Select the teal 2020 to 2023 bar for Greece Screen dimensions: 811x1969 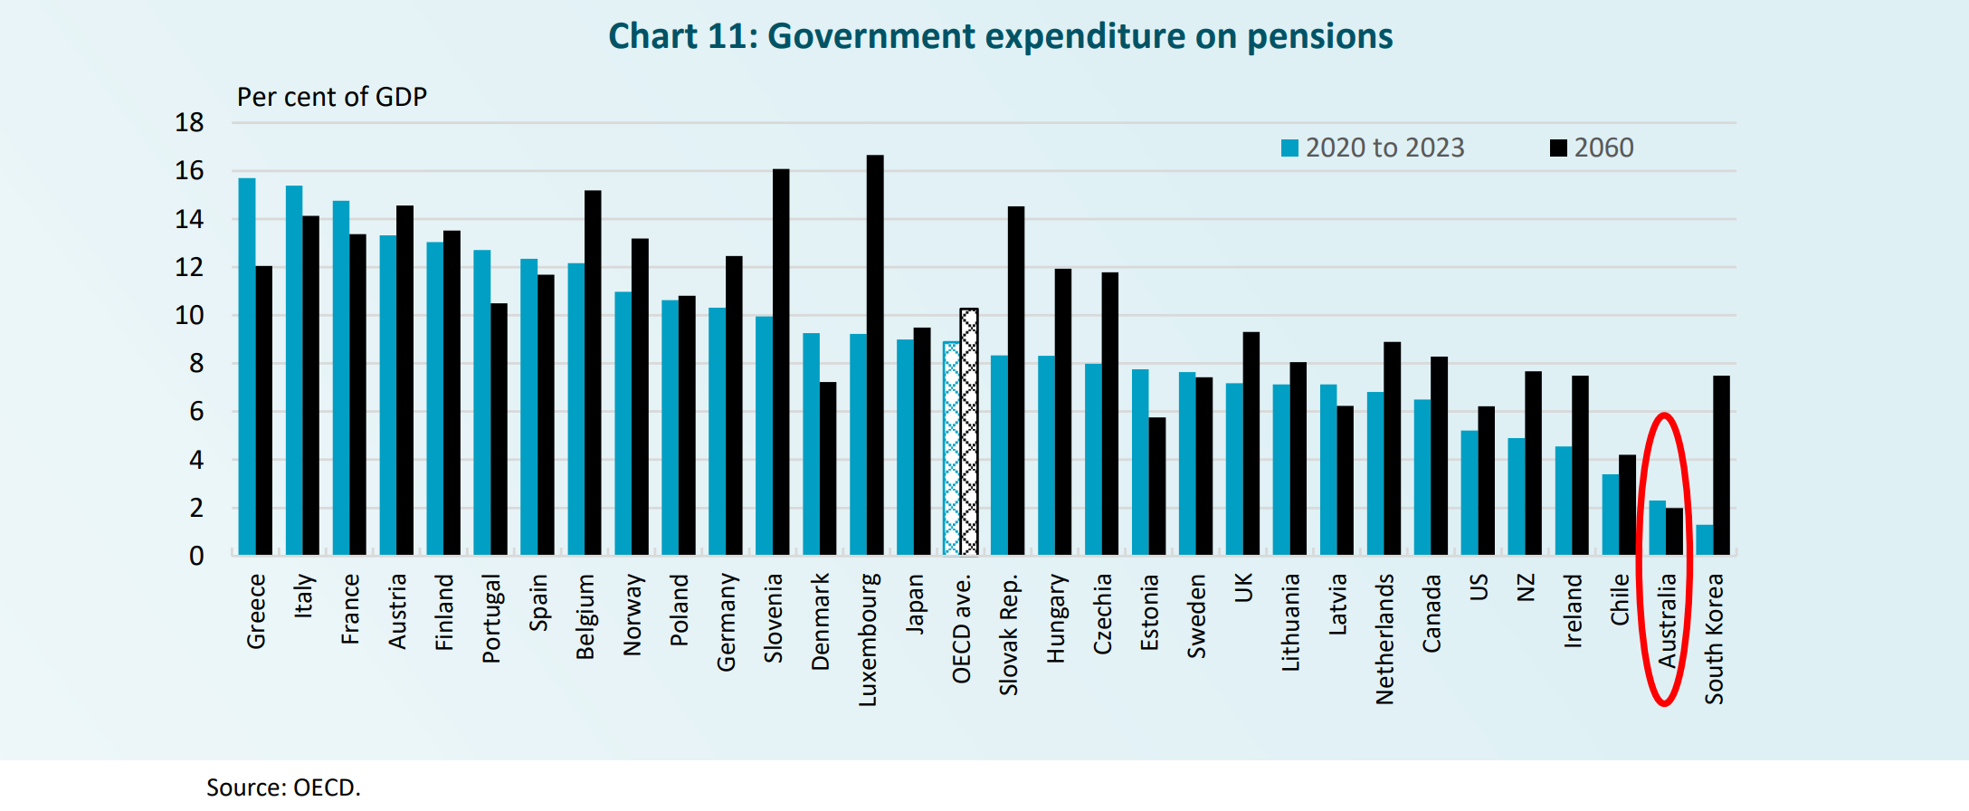tap(247, 367)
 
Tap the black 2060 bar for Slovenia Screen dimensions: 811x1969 tap(781, 362)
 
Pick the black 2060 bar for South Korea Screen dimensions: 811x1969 tap(1721, 465)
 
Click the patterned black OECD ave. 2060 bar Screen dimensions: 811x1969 tap(969, 432)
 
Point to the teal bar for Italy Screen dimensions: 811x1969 tap(294, 370)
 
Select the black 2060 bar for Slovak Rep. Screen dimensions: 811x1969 tap(1016, 380)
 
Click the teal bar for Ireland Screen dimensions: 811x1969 tap(1564, 501)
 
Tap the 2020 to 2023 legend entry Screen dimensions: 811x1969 tap(1374, 148)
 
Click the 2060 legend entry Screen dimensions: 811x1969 tap(1593, 148)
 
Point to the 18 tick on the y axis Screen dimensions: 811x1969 tap(190, 123)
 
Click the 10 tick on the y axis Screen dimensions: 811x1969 tap(190, 316)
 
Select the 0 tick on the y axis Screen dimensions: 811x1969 tap(196, 556)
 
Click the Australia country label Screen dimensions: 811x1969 tap(1667, 621)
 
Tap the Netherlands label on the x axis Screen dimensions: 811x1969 tap(1384, 639)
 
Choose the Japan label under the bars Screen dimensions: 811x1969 tap(915, 604)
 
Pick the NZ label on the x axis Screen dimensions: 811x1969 tap(1526, 588)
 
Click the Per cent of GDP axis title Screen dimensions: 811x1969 tap(331, 97)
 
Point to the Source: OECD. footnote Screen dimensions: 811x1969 tap(283, 787)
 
